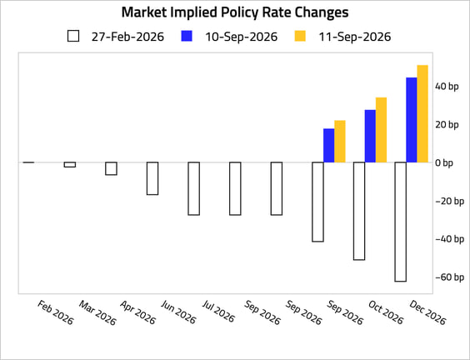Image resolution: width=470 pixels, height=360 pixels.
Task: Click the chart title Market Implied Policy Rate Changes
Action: (235, 12)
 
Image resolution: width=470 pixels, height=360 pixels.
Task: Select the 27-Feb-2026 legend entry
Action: (116, 37)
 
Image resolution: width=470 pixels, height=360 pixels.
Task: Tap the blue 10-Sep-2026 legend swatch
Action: (187, 36)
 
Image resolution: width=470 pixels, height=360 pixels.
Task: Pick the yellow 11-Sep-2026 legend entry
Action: (342, 37)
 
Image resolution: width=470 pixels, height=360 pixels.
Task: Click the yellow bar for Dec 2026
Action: (422, 114)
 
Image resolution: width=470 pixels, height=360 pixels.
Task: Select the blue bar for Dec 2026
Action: (412, 120)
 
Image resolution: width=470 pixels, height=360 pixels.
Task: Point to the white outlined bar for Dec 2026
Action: (401, 222)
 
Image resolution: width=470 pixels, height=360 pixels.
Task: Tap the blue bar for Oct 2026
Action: (370, 137)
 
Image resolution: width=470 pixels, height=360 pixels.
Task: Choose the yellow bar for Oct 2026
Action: (382, 130)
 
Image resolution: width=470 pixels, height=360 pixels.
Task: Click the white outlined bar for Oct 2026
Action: (359, 211)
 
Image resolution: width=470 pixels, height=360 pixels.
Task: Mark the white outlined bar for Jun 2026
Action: (152, 178)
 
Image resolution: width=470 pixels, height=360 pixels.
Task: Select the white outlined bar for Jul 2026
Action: (193, 189)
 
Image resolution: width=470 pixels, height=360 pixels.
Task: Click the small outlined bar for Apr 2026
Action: (111, 168)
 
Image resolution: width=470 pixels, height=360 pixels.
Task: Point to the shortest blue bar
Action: (329, 146)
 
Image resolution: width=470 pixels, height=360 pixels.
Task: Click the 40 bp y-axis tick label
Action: (447, 87)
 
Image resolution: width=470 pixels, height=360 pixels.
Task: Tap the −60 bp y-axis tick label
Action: (450, 277)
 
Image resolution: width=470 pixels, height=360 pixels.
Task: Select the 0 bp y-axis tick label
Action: (444, 163)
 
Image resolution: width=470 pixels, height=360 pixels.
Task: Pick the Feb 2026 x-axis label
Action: (56, 312)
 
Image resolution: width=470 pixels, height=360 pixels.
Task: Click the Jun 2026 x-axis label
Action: (178, 312)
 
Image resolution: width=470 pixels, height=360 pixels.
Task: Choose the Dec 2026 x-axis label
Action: (427, 312)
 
